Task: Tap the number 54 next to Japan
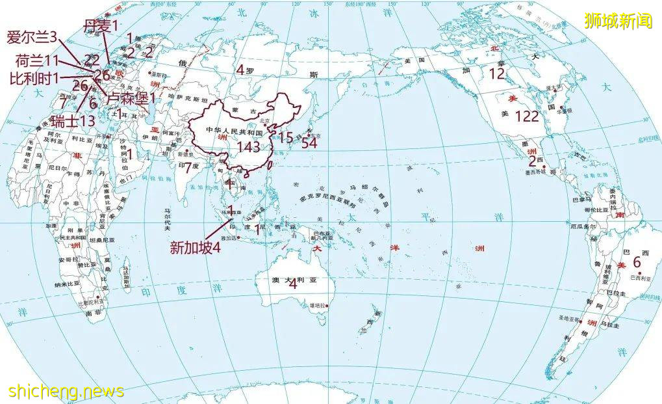click(309, 142)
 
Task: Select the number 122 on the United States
click(527, 116)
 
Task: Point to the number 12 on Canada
click(496, 74)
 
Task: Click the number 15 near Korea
click(286, 137)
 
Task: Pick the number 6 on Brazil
click(637, 262)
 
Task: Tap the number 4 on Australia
click(292, 283)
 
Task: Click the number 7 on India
click(188, 167)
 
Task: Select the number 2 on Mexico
click(532, 161)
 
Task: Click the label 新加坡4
click(196, 248)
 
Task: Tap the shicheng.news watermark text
click(66, 391)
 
